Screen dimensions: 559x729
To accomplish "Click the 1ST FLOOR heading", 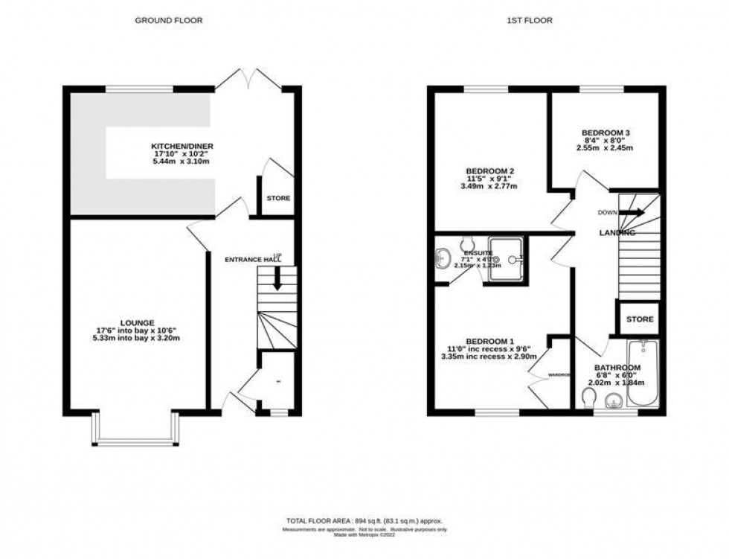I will coord(530,21).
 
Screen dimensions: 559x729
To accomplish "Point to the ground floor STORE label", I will coord(278,198).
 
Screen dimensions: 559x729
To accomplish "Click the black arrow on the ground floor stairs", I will coord(276,280).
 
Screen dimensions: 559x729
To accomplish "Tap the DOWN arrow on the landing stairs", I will coord(632,212).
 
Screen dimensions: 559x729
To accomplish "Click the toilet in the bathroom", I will coord(588,402).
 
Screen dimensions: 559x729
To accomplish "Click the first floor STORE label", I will coord(639,319).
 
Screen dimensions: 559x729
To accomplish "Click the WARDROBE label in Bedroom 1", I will coord(559,375).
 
